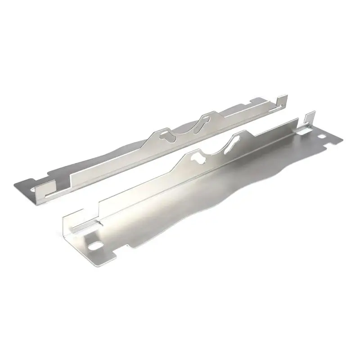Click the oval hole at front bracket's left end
click(96, 246)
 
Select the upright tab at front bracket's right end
click(309, 118)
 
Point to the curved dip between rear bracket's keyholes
click(184, 130)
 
